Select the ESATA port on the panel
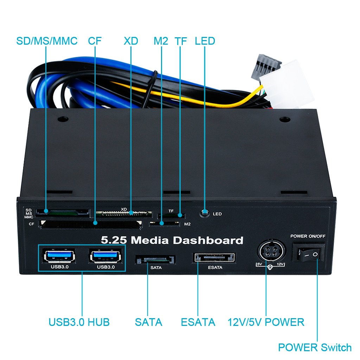214,258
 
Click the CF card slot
91,224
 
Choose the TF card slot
171,215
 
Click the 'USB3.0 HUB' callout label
79,322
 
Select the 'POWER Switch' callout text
315,348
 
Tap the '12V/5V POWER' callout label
266,322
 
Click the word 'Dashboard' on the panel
207,240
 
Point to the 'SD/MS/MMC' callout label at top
47,41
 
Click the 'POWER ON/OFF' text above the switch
308,236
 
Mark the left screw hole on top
63,119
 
